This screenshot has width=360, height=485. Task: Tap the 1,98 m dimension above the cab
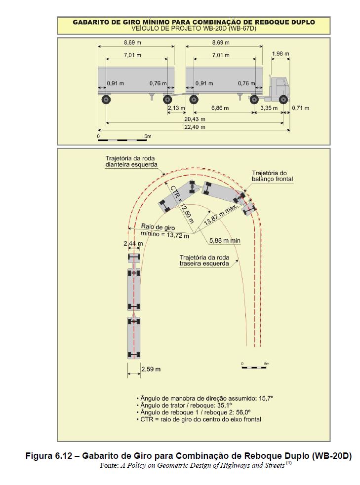280,54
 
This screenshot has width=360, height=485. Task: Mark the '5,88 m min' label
225,240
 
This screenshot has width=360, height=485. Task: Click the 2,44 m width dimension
133,244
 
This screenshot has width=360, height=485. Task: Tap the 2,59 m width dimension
151,369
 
